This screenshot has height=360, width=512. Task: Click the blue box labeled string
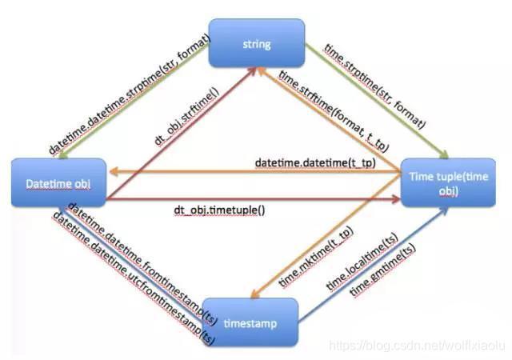tap(257, 43)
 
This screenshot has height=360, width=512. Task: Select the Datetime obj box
tap(58, 182)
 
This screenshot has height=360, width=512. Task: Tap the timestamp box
tap(250, 322)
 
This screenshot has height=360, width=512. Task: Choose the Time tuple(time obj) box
tap(448, 182)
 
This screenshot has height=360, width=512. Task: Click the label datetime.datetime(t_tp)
tap(315, 162)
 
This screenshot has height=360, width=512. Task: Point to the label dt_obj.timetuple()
tap(219, 210)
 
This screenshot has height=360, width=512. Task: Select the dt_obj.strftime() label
tap(186, 116)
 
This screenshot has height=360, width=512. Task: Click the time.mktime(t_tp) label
tap(316, 257)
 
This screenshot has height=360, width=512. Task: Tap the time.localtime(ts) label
tap(362, 262)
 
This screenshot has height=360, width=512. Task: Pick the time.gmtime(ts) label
tap(383, 270)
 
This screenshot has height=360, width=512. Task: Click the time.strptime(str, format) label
tap(375, 86)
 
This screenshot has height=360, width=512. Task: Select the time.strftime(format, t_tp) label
tap(334, 111)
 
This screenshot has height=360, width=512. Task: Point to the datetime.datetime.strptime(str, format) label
tap(130, 94)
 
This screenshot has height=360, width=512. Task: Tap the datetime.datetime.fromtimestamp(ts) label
tap(142, 264)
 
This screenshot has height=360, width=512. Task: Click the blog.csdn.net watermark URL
tap(417, 346)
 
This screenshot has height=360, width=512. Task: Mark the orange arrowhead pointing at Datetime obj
tap(114, 171)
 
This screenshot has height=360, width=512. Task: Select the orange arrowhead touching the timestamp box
tap(255, 294)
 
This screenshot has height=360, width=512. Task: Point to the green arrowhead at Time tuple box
tap(445, 154)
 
